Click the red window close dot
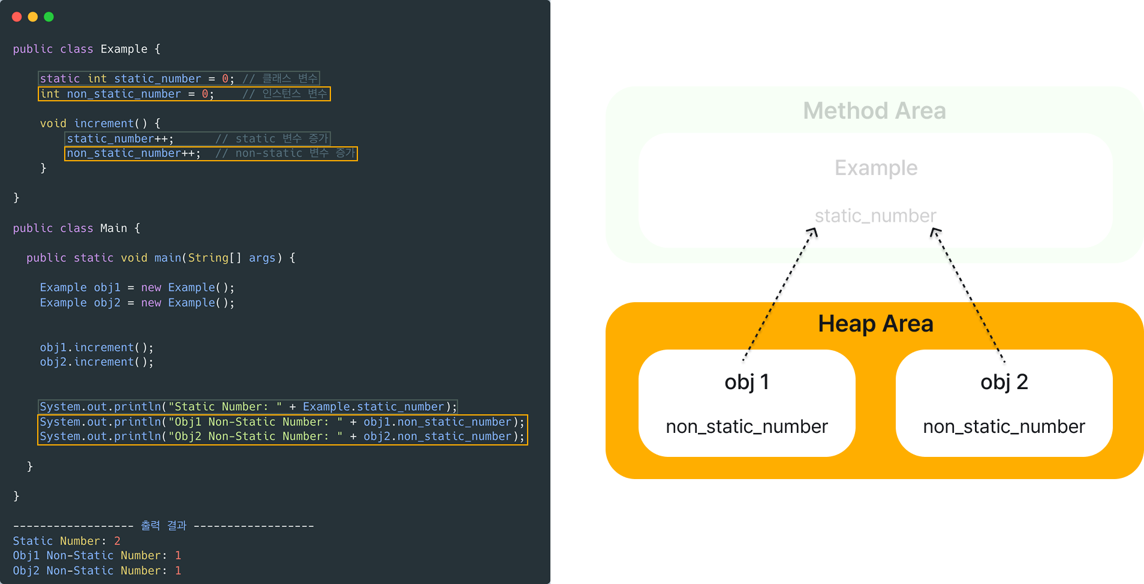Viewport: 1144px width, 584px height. click(17, 17)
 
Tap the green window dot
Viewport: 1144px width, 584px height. click(49, 17)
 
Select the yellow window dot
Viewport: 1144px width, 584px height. click(33, 17)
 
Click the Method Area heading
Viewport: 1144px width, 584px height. click(874, 111)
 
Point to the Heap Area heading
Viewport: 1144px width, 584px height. click(875, 324)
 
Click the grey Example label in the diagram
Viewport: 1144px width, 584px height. click(876, 168)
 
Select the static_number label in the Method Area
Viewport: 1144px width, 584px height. click(875, 216)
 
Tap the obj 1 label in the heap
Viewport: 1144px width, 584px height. click(746, 382)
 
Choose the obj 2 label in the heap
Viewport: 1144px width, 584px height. click(1004, 382)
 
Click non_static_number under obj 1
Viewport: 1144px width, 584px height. click(746, 426)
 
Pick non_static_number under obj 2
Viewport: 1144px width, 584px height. click(1004, 426)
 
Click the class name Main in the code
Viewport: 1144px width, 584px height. click(113, 228)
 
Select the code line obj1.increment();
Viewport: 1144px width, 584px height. click(97, 348)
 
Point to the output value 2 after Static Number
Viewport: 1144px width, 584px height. click(118, 541)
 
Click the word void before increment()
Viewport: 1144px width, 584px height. click(53, 124)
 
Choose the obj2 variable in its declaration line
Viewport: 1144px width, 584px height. click(107, 303)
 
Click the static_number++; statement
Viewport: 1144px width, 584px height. click(120, 139)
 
